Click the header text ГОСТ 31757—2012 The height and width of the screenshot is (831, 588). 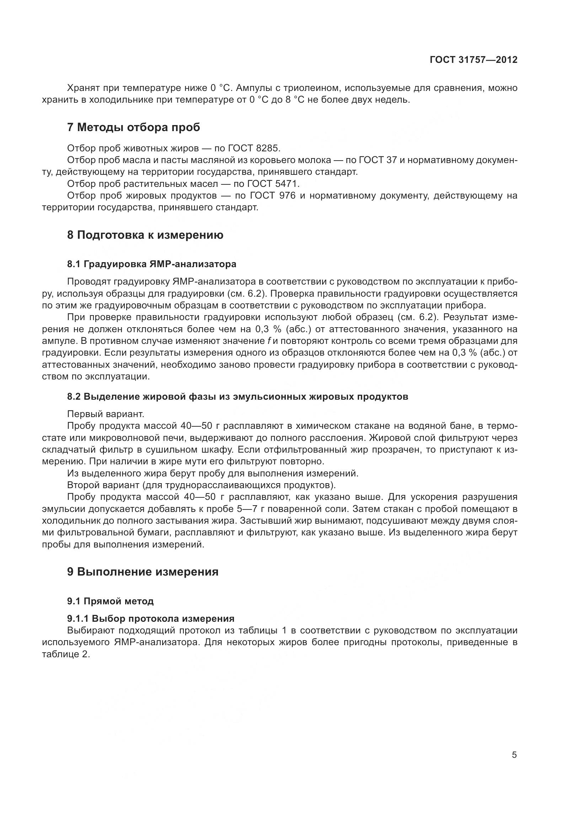click(473, 60)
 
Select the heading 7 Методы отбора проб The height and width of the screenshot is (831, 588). click(133, 128)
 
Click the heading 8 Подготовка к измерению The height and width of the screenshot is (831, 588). click(145, 235)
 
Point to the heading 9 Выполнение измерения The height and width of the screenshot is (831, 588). click(143, 572)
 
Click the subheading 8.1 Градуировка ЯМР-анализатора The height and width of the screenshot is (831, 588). click(151, 264)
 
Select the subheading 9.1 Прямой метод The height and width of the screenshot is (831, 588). click(110, 601)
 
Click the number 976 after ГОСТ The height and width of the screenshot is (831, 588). click(288, 196)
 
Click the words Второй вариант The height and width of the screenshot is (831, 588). click(103, 485)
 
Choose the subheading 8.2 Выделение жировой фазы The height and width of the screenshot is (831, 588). click(237, 397)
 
